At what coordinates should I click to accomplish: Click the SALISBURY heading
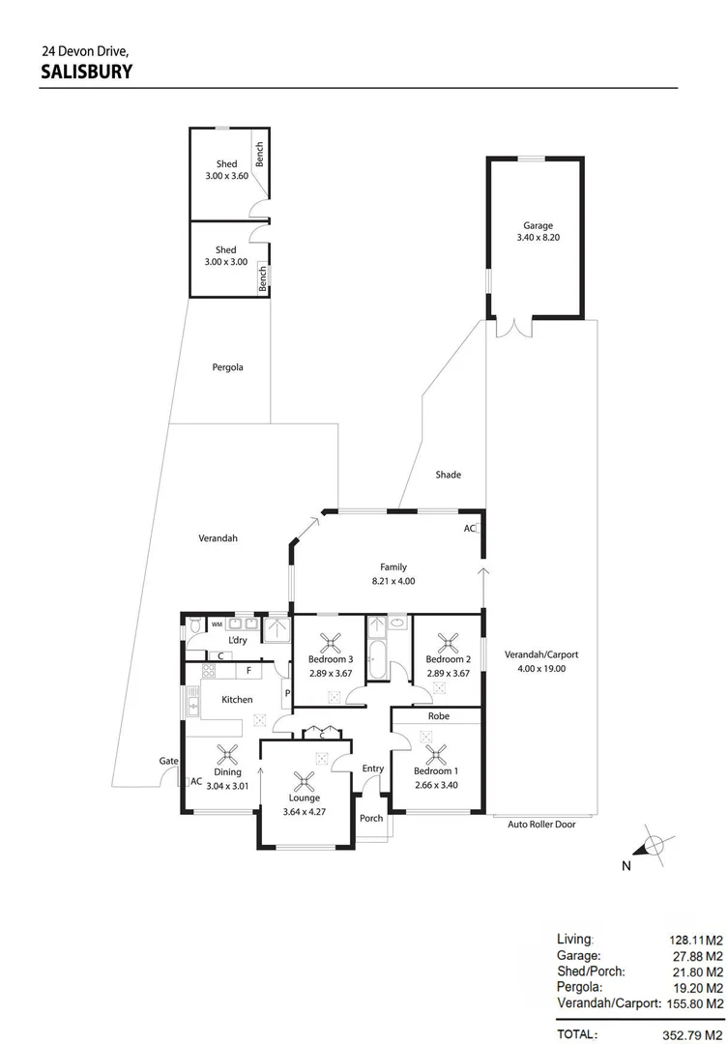tap(87, 71)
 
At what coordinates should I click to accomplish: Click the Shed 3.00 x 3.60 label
tap(226, 171)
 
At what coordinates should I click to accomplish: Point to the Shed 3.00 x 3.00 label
tap(226, 256)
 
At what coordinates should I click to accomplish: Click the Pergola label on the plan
tap(228, 367)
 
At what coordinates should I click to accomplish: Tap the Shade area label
tap(448, 475)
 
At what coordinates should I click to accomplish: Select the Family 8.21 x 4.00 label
tap(393, 574)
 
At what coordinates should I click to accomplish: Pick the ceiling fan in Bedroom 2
tap(449, 641)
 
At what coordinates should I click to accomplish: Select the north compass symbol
tap(655, 846)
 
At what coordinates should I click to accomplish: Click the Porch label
tap(371, 818)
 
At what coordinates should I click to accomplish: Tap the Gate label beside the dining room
tap(168, 762)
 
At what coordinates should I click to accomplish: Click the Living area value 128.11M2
tap(696, 939)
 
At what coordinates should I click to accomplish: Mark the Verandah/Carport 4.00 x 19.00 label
tap(540, 661)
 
